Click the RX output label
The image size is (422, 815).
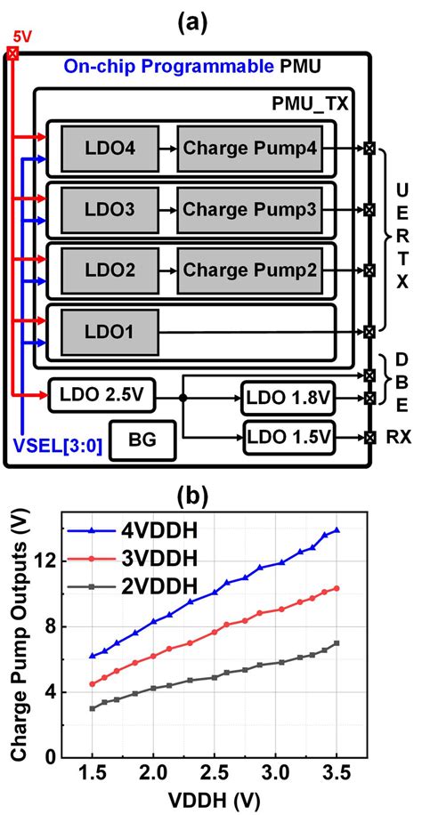coord(398,438)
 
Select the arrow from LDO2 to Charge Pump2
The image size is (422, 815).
coord(168,270)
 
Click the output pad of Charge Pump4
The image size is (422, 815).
coord(369,148)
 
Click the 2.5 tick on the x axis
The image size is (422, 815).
coord(215,768)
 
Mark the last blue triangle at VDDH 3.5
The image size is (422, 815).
coord(337,530)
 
